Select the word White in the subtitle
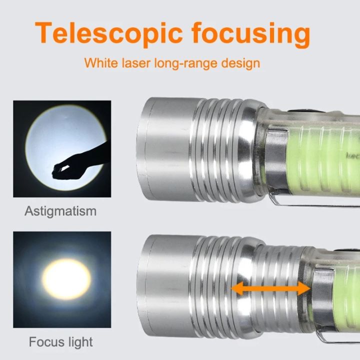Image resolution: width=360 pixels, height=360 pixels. [x=99, y=63]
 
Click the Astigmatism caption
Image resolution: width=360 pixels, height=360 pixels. [x=60, y=210]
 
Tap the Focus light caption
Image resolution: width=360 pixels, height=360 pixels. [x=60, y=342]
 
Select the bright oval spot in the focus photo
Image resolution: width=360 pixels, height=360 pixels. [x=66, y=276]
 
